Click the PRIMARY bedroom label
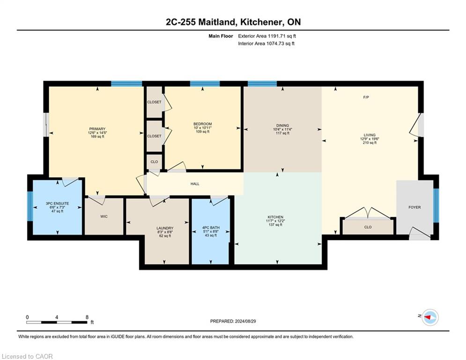tap(97, 129)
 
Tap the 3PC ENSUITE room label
tap(57, 203)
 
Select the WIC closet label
tap(104, 216)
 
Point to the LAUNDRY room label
tap(165, 228)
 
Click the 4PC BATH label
tap(211, 228)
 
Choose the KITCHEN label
tap(275, 217)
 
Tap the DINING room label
tap(282, 126)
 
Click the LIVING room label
tap(370, 135)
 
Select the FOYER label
tap(414, 207)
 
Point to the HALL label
tap(195, 184)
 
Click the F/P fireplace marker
tap(366, 97)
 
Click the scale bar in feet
tap(57, 322)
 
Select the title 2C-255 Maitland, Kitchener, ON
tap(233, 22)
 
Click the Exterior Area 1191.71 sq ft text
tap(267, 36)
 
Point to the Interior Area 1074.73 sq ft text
tap(266, 44)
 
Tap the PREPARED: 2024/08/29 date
tap(233, 321)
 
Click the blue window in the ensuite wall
tap(30, 206)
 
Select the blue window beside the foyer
tap(436, 206)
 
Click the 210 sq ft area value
tap(370, 143)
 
